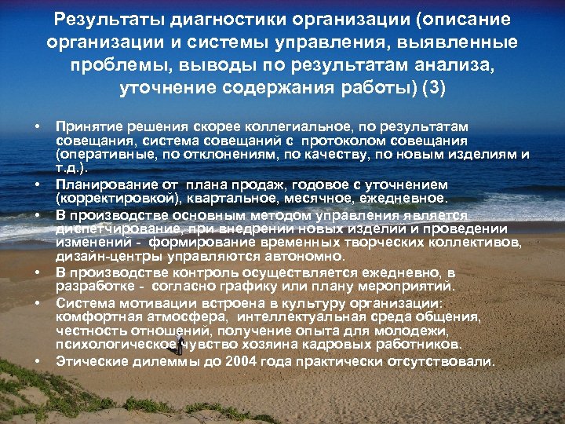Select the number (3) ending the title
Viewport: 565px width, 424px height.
[x=433, y=86]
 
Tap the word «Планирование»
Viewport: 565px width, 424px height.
[x=99, y=183]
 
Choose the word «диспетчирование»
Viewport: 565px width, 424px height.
[x=109, y=228]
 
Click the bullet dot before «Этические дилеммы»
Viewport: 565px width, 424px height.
[x=37, y=361]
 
